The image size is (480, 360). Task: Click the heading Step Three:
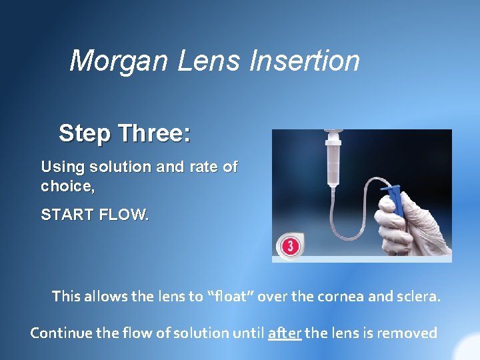click(x=125, y=133)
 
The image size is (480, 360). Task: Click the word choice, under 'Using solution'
click(x=68, y=187)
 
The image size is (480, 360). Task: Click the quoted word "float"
click(x=230, y=296)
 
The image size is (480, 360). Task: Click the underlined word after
click(x=285, y=332)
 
